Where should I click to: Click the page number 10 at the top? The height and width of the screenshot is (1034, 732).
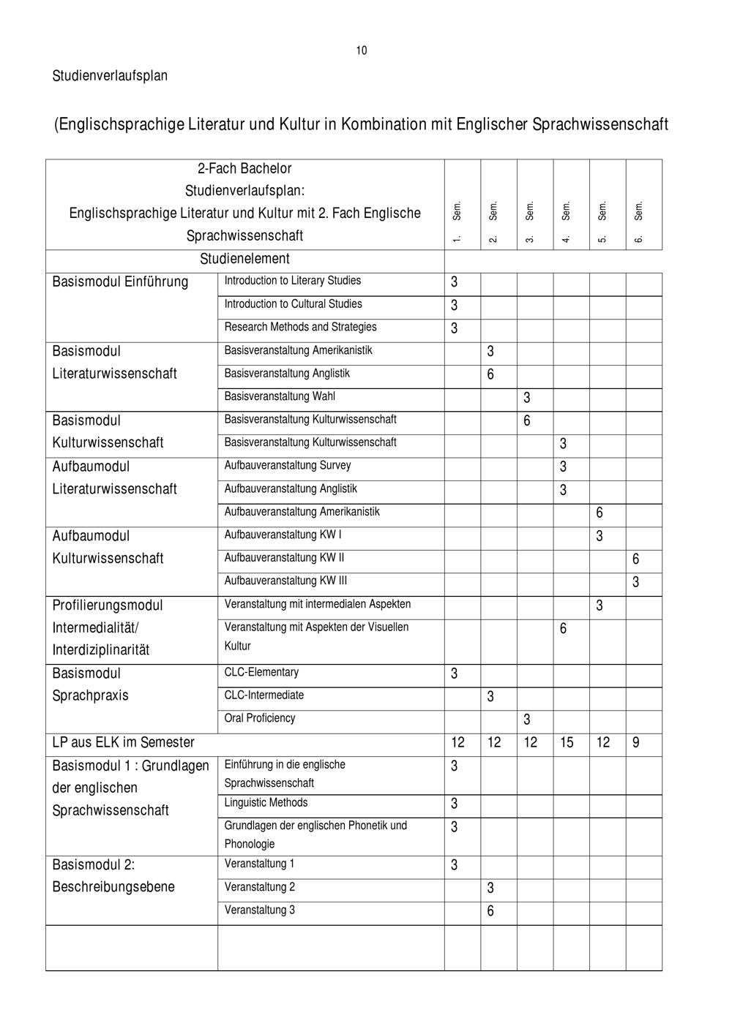click(362, 50)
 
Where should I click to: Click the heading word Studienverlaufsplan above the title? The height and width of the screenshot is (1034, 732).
click(110, 76)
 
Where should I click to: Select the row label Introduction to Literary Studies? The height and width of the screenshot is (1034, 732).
click(292, 281)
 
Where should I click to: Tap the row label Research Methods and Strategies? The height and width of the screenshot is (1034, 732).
click(300, 327)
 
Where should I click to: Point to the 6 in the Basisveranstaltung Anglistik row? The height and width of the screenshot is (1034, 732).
click(490, 374)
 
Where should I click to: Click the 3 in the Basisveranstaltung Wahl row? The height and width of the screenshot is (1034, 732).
click(527, 398)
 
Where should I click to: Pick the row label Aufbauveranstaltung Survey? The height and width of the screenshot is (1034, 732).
click(287, 466)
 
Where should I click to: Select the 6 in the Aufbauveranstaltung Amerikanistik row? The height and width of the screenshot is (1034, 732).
click(600, 513)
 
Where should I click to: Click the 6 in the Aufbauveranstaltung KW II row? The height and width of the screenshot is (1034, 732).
click(635, 559)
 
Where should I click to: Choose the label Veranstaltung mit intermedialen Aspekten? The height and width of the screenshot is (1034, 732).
click(318, 604)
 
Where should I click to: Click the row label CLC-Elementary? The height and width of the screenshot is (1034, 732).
click(261, 672)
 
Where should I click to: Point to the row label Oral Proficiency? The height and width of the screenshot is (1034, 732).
click(260, 718)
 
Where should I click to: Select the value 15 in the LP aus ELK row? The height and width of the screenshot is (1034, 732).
click(567, 743)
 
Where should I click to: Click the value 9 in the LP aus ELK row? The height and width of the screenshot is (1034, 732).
click(635, 743)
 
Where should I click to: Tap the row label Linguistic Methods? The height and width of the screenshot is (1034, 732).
click(266, 803)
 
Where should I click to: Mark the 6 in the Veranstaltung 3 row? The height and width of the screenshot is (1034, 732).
click(490, 911)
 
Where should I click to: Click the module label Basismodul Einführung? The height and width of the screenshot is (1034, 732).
click(120, 282)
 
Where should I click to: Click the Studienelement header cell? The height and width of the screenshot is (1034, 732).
click(244, 259)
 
